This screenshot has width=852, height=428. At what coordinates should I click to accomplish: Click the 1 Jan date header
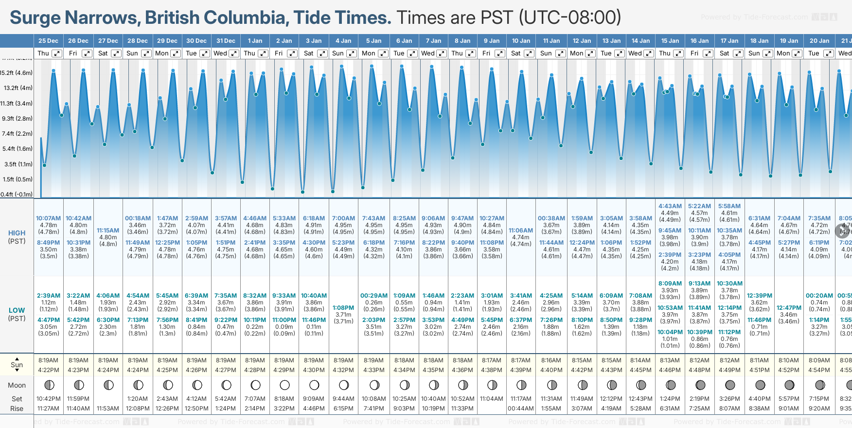click(255, 41)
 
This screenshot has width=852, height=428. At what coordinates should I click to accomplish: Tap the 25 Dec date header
click(48, 41)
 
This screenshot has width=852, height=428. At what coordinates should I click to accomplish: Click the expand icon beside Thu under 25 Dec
click(57, 53)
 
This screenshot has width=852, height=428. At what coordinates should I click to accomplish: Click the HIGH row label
click(17, 233)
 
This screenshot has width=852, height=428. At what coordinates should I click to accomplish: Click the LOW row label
click(17, 310)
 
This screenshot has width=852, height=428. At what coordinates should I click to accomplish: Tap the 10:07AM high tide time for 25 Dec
click(48, 218)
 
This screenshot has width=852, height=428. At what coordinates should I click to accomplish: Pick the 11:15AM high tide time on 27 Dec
click(108, 231)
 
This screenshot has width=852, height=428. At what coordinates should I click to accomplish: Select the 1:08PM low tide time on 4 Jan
click(343, 308)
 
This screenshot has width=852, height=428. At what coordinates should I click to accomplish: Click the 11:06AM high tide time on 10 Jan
click(521, 231)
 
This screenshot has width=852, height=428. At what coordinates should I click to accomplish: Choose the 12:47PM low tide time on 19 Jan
click(789, 308)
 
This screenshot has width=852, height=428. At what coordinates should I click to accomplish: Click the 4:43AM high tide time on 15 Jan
click(670, 206)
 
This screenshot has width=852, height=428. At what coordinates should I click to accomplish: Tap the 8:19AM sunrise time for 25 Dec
click(48, 360)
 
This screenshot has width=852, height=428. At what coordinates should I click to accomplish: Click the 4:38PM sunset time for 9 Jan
click(492, 370)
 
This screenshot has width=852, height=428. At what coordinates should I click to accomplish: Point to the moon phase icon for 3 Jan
click(314, 385)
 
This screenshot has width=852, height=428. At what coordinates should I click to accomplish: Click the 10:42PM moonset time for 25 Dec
click(48, 399)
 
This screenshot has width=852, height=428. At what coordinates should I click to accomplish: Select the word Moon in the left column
click(17, 385)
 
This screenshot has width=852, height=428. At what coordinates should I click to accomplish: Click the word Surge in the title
click(35, 18)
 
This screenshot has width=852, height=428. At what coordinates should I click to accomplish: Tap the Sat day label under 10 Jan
click(515, 53)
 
